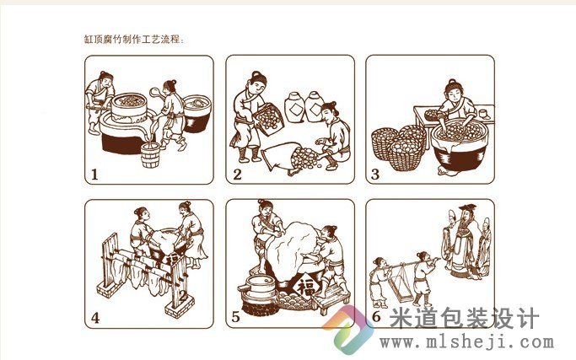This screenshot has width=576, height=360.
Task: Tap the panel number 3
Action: coord(376,174)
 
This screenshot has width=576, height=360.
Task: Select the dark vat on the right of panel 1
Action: coord(197,111)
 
